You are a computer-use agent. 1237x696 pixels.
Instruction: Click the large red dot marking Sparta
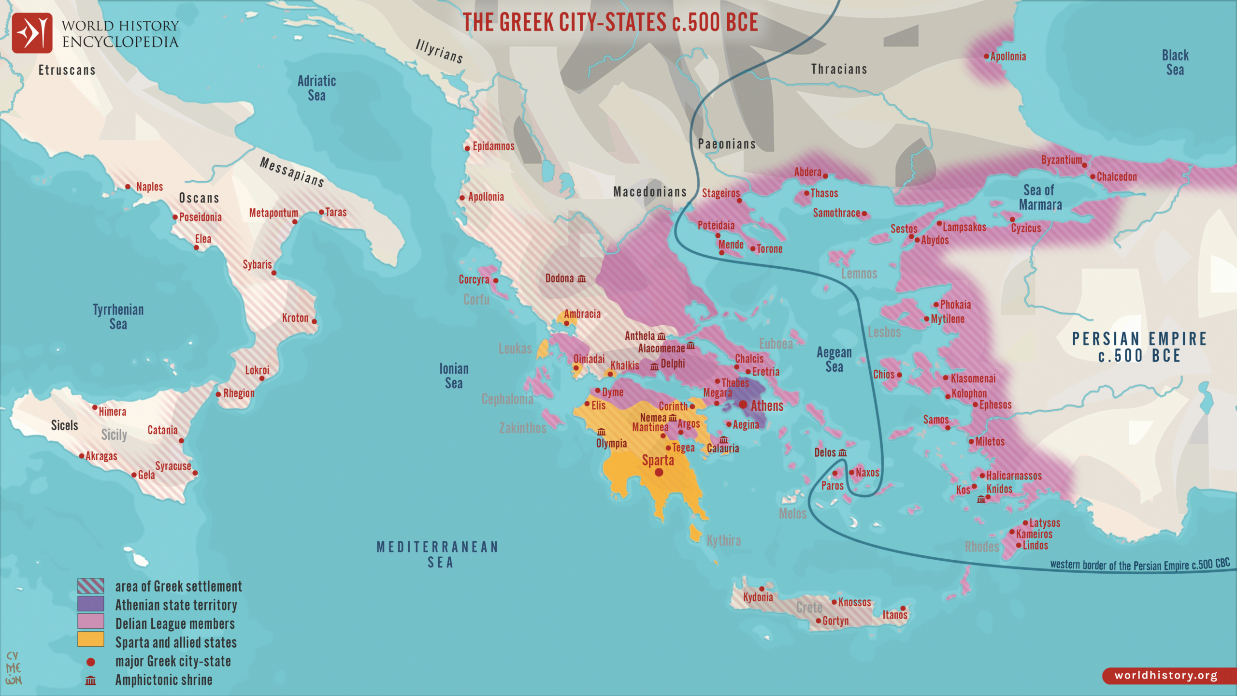(x=659, y=472)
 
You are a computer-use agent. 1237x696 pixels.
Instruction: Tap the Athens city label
(x=767, y=406)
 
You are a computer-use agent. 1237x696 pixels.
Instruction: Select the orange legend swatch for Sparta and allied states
(x=90, y=639)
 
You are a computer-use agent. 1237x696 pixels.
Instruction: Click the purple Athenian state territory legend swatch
(x=90, y=603)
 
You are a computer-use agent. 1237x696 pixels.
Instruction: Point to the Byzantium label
(x=1061, y=160)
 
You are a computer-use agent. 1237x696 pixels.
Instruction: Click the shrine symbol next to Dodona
(x=582, y=279)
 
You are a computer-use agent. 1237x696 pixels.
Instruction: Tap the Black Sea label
(x=1175, y=62)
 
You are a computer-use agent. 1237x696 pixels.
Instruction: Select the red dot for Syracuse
(x=195, y=473)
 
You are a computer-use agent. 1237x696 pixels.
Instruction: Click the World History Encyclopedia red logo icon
(x=32, y=33)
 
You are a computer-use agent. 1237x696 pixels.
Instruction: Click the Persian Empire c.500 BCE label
(x=1139, y=347)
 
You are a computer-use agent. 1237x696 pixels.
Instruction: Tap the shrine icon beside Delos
(x=843, y=453)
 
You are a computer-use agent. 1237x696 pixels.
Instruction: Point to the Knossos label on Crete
(x=854, y=602)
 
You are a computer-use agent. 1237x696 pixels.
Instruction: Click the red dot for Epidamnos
(x=467, y=148)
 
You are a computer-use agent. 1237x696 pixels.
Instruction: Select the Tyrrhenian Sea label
(x=118, y=317)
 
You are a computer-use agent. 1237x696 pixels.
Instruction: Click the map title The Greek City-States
(x=610, y=22)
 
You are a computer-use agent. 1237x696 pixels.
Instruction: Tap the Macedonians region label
(x=650, y=192)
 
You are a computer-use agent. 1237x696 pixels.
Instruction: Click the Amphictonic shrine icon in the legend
(x=90, y=681)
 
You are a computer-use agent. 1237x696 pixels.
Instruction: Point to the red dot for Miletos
(x=971, y=441)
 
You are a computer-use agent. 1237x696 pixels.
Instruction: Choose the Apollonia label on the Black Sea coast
(x=1008, y=57)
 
